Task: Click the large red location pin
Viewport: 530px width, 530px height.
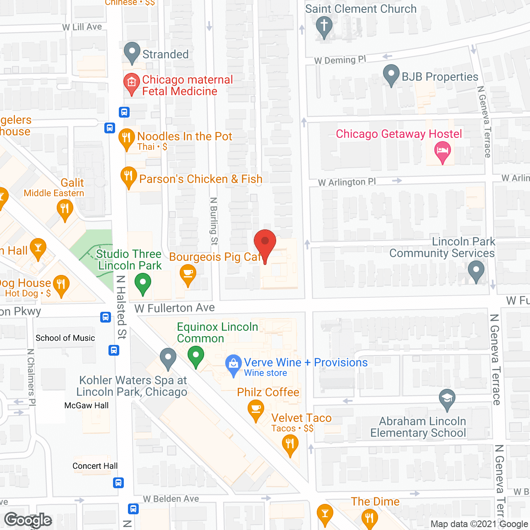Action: [265, 244]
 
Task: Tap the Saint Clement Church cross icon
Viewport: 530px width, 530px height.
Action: [324, 26]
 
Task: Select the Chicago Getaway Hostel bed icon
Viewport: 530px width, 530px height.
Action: [443, 151]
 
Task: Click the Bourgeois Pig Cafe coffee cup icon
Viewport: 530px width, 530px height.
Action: [188, 275]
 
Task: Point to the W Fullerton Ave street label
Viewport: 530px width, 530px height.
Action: [174, 308]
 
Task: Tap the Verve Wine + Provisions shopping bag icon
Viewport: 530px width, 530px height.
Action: [234, 365]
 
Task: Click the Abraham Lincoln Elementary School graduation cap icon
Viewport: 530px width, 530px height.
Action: [447, 399]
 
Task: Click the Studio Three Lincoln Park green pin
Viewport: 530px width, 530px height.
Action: [143, 284]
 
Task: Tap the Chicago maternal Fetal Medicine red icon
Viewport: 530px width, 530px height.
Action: [132, 83]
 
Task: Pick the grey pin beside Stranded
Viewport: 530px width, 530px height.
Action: [132, 52]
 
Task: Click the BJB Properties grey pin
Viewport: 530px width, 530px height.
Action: [391, 75]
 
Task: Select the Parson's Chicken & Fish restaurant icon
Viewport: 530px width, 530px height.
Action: [129, 177]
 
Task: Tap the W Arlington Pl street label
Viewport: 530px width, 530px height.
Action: [347, 182]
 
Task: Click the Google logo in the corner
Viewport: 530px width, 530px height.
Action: [28, 520]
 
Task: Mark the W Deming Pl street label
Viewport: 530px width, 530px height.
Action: [340, 60]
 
